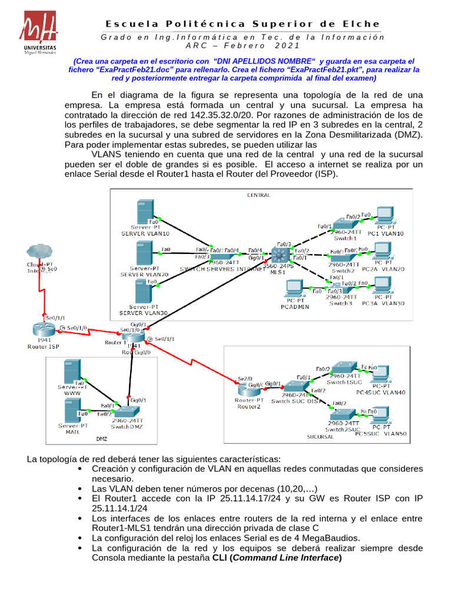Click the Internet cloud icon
click(39, 252)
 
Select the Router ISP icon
click(43, 329)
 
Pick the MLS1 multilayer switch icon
click(278, 255)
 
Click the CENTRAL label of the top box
click(258, 195)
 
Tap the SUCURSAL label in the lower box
click(320, 437)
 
